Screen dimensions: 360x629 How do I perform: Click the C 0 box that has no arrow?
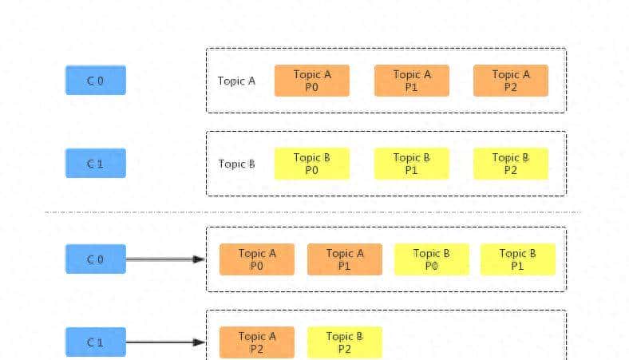point(96,81)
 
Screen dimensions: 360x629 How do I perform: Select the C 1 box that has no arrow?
point(96,164)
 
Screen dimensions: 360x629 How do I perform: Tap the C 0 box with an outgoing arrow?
point(96,259)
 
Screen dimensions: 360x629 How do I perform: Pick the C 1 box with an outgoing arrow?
point(96,342)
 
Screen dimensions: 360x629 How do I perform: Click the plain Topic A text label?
point(236,81)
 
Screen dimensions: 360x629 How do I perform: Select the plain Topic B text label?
point(236,164)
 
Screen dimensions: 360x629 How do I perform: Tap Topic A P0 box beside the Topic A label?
point(312,81)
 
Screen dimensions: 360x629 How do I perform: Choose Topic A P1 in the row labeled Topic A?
point(412,81)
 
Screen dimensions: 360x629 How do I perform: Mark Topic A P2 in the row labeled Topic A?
point(511,81)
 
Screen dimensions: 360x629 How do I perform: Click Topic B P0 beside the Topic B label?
point(312,164)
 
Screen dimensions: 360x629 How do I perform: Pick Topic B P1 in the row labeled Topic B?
point(412,164)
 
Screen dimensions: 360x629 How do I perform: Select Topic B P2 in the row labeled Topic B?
point(511,164)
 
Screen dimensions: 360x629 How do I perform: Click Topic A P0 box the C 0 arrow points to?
point(257,259)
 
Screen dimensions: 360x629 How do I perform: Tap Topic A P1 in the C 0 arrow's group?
point(345,259)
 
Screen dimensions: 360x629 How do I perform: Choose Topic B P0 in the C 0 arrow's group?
point(432,259)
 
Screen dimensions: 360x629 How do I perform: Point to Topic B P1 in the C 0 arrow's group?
point(518,259)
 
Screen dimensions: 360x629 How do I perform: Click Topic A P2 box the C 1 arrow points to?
point(257,342)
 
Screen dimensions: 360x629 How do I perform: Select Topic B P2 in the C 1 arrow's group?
point(345,342)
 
